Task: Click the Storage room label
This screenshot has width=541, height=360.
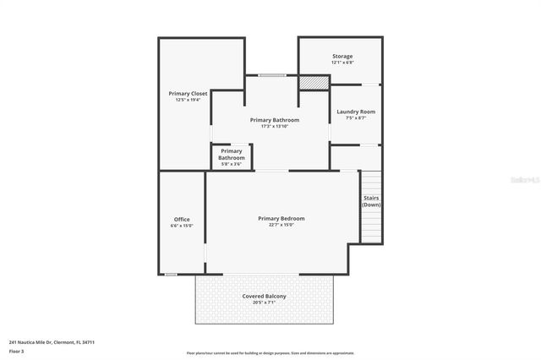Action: pos(342,57)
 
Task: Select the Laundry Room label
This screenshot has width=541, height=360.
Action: pos(355,112)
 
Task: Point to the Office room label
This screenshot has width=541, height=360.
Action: pos(182,220)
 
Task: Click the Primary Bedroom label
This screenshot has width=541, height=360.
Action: pos(281,218)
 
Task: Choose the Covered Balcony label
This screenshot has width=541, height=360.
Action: pos(264,296)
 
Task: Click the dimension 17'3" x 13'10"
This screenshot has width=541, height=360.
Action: pos(274,127)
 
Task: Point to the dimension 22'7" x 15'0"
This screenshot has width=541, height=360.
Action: pos(281,225)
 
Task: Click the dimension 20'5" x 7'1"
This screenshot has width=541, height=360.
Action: pos(264,303)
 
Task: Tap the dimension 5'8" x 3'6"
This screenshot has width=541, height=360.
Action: pos(231,164)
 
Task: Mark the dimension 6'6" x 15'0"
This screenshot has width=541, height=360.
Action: pos(182,226)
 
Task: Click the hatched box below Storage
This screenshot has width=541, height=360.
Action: pos(314,82)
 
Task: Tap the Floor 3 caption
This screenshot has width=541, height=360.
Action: pos(17,351)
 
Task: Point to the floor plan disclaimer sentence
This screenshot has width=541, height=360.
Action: pos(270,353)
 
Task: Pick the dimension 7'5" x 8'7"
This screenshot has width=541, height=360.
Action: pos(355,118)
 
